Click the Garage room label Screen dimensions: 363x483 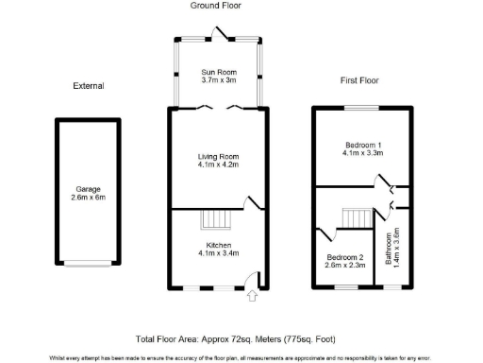87,187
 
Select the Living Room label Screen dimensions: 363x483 217,156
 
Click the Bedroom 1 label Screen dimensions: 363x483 361,145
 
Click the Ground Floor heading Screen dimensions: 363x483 216,7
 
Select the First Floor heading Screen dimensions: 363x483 360,81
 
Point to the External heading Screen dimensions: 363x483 88,86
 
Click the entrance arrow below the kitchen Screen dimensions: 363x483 252,297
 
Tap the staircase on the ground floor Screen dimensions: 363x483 216,219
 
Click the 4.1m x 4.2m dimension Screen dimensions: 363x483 217,164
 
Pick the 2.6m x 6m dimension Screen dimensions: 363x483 87,196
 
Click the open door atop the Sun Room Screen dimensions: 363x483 224,34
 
